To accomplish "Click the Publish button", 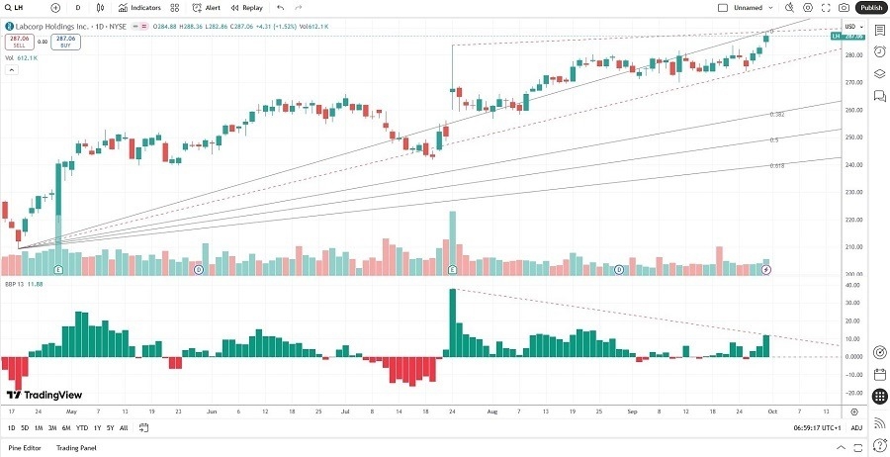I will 870,7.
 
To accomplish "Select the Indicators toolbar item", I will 139,7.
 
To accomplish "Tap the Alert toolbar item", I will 207,7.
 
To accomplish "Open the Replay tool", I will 247,7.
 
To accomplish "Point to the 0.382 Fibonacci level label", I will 777,115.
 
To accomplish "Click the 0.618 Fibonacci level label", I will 777,165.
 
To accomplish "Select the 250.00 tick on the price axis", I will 850,137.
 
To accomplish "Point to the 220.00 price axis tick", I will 850,220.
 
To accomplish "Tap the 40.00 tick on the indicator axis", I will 850,286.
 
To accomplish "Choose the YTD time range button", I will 82,427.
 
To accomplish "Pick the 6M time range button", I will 66,427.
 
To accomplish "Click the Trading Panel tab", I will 75,448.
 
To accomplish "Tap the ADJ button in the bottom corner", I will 856,427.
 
